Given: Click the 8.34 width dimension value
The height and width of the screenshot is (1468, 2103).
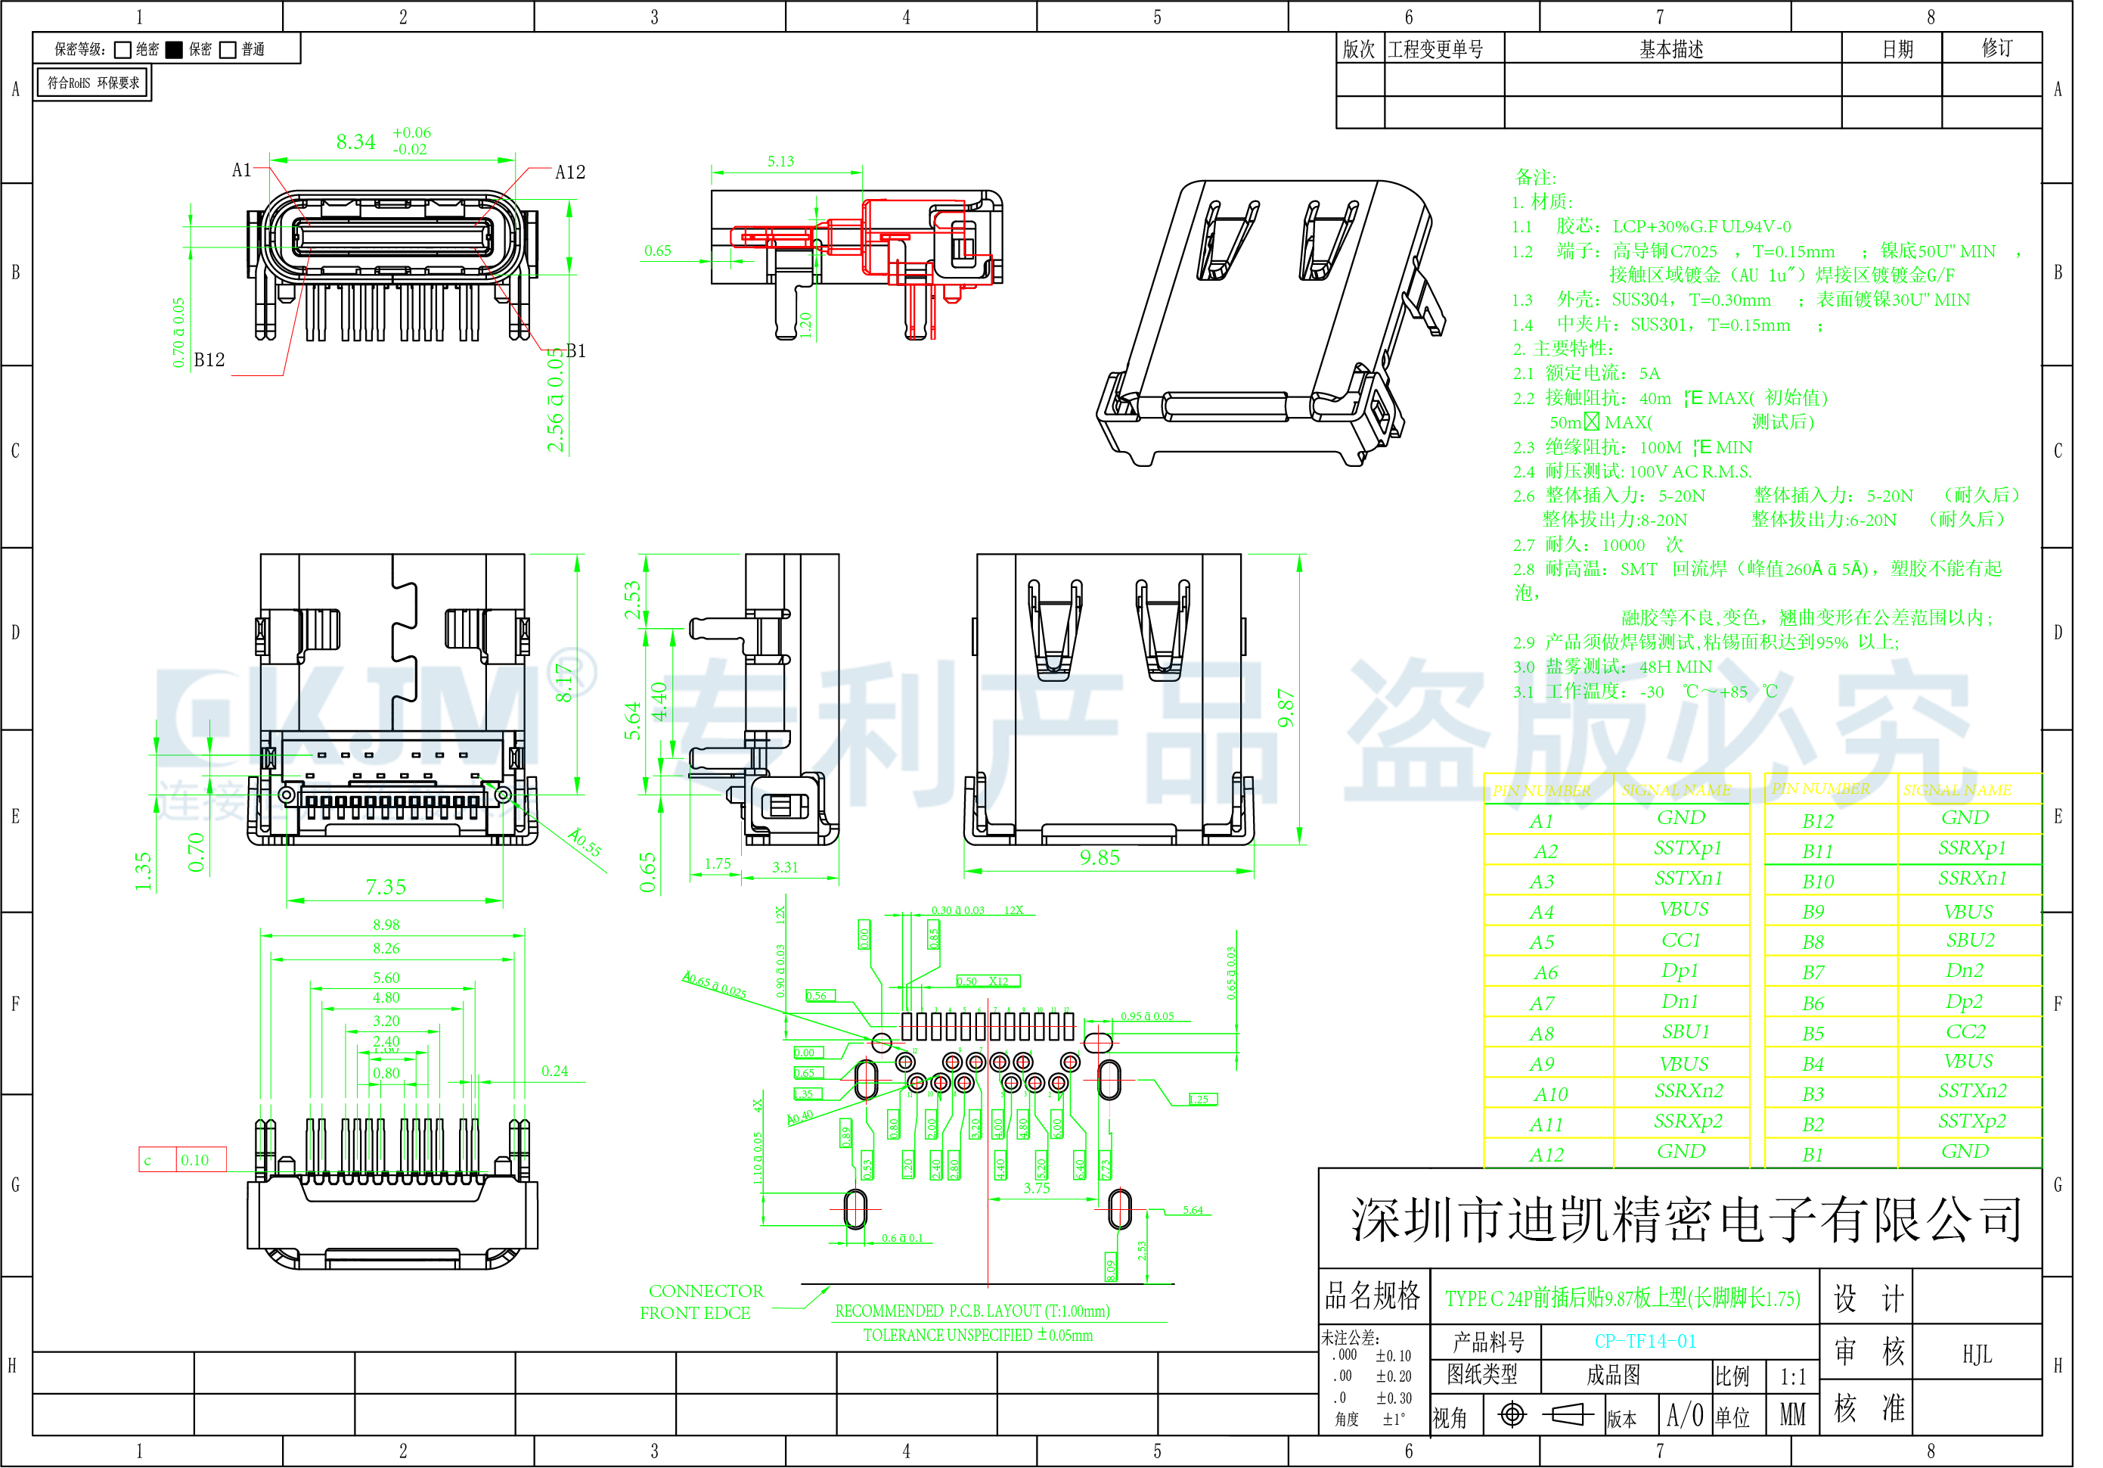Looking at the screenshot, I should pos(355,142).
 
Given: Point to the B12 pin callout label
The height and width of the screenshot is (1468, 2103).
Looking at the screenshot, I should pos(209,360).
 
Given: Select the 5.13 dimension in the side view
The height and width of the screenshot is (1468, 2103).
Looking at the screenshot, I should pos(780,161).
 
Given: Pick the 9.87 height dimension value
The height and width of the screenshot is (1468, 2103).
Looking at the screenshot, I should pos(1286,708).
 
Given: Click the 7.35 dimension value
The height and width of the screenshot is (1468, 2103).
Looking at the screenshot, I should pos(386,887).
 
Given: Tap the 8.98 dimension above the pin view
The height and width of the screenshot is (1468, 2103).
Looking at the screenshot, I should pos(386,925).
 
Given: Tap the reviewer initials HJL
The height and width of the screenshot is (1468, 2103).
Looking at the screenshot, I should pos(1977,1355).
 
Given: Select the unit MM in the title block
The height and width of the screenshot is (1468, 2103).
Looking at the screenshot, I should pos(1792,1416).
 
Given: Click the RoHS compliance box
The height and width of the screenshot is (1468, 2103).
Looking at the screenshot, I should pos(94,83).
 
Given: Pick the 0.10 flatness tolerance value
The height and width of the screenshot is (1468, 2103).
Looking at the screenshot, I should pos(194,1160).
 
